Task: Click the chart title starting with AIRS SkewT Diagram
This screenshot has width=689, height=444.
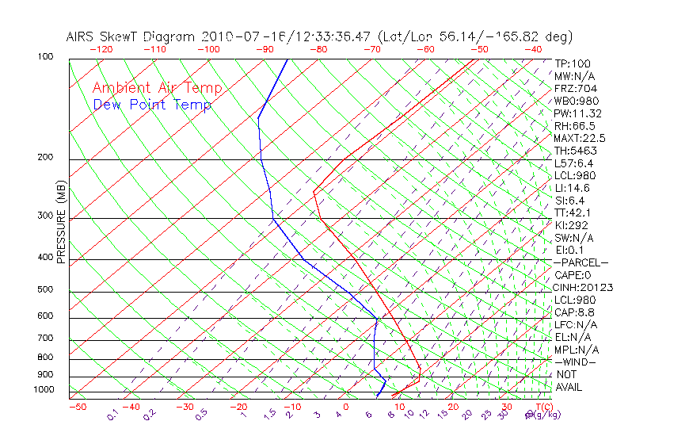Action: coord(319,36)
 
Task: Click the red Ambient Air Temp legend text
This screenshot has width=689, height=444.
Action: coord(157,89)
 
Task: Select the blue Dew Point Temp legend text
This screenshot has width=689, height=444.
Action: coord(152,105)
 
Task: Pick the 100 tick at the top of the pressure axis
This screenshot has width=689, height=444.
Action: coord(44,57)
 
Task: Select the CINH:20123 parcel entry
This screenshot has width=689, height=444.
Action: coord(584,288)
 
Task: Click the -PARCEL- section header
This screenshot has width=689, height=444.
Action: coord(581,262)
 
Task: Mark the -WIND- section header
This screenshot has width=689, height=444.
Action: coord(576,362)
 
